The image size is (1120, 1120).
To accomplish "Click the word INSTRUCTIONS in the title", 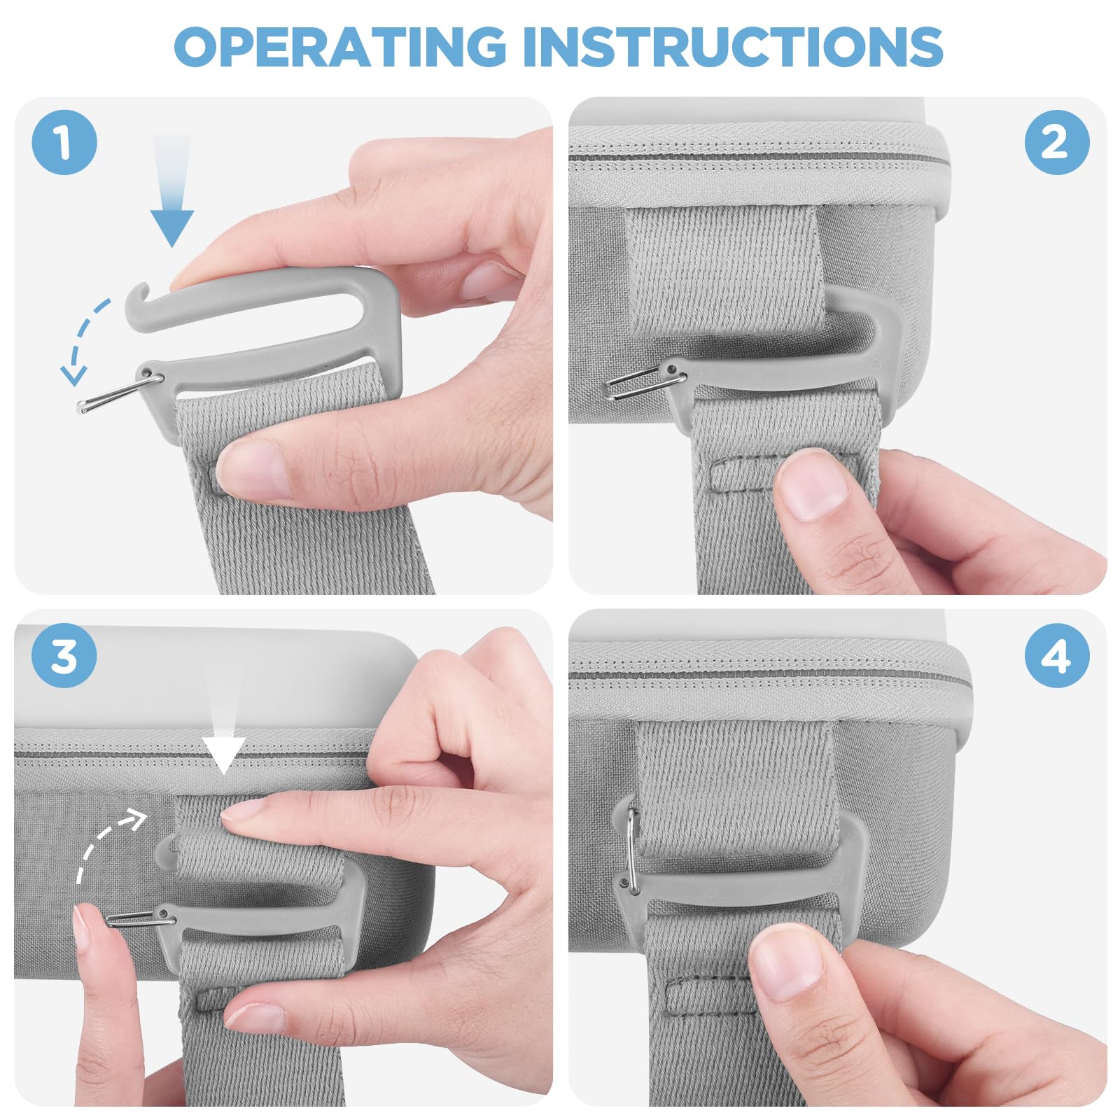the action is point(733,47).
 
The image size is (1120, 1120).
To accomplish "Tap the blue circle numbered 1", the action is point(64,142).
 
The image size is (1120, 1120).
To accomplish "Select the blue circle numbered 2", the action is point(1057,142).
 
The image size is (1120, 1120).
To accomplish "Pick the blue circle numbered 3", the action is point(64,655).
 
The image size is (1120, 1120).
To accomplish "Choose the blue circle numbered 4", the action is point(1057,655).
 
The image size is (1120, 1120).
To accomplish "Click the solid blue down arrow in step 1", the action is point(171,190).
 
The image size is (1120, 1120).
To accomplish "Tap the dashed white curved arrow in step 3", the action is point(98,840).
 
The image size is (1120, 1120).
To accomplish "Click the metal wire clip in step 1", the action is point(120,392).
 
